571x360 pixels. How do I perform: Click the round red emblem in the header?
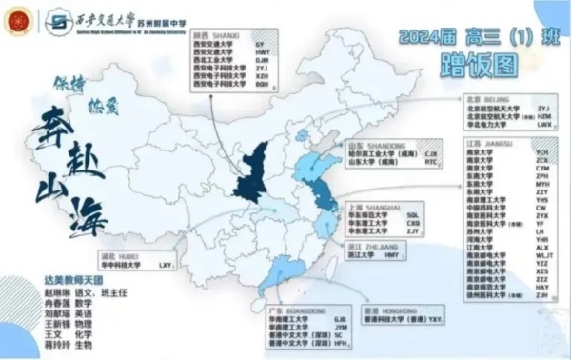click(16, 19)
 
